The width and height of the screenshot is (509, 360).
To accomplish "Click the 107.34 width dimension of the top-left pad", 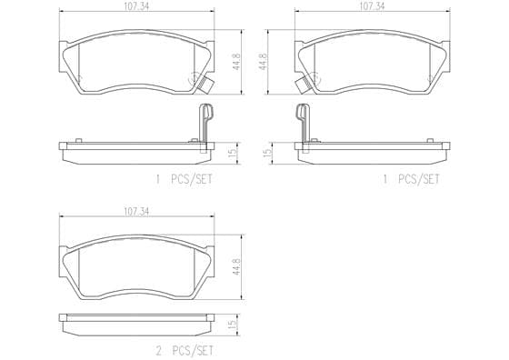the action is point(137,6).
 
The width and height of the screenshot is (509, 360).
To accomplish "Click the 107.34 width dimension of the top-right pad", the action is point(373,6).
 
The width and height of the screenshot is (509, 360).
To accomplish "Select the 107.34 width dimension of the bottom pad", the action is point(136,212).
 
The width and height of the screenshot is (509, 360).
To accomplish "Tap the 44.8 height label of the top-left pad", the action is point(237,62).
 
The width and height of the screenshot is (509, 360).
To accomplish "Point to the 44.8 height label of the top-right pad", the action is point(263,62).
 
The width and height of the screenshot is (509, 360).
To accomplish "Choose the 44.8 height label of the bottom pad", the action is point(236,267).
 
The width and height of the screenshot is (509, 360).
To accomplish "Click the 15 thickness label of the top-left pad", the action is point(234,153).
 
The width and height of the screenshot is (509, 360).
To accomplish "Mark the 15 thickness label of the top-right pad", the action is point(268,153).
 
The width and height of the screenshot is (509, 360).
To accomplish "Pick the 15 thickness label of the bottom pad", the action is point(233,325).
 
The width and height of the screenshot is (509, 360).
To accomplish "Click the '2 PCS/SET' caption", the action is point(185,351).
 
